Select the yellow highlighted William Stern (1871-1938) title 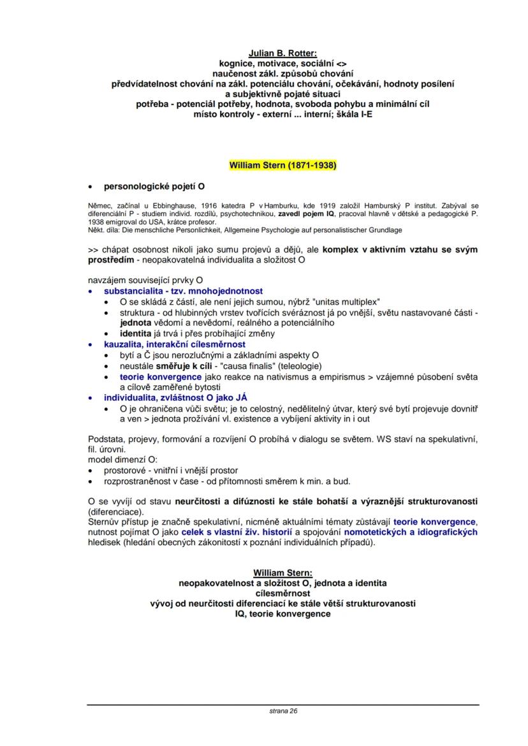coord(282,165)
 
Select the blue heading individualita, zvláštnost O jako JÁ coord(175,398)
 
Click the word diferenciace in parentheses coord(115,511)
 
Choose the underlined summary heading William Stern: coord(282,573)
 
